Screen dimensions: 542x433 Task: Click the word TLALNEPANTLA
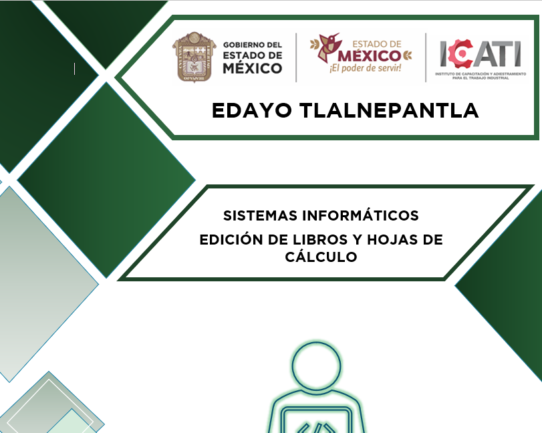(389, 110)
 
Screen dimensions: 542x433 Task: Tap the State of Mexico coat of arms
(194, 57)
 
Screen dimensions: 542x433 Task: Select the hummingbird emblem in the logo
(327, 47)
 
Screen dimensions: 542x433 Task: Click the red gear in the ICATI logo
(460, 53)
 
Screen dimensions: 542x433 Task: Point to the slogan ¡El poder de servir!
(366, 67)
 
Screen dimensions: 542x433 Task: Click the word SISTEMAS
(260, 216)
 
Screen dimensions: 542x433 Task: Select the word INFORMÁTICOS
(360, 215)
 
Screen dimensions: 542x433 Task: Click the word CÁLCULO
(321, 257)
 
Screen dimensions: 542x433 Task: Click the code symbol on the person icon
(316, 428)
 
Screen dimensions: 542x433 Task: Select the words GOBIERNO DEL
(253, 45)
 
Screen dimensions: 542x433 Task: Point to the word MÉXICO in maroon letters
(369, 55)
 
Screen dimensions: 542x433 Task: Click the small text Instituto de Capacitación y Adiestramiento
(481, 74)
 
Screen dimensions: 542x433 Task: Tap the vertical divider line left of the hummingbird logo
(296, 57)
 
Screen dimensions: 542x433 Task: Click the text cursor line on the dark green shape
(74, 69)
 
